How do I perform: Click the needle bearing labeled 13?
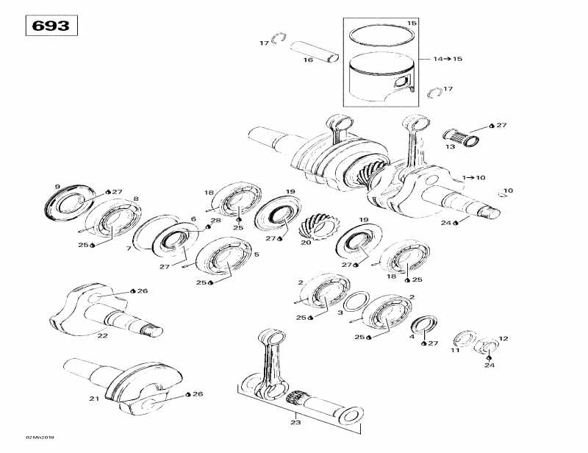pos(460,136)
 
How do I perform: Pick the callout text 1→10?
pos(474,177)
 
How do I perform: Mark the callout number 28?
pos(215,220)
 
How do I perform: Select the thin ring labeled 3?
pos(356,301)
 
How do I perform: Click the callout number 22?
pos(102,335)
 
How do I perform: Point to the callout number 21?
pos(93,399)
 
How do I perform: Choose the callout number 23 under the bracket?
pos(296,423)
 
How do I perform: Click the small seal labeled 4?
pos(423,325)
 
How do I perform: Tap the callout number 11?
pos(454,351)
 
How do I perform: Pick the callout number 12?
pos(503,338)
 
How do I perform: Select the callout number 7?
pos(129,249)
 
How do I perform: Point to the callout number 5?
pos(256,254)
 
